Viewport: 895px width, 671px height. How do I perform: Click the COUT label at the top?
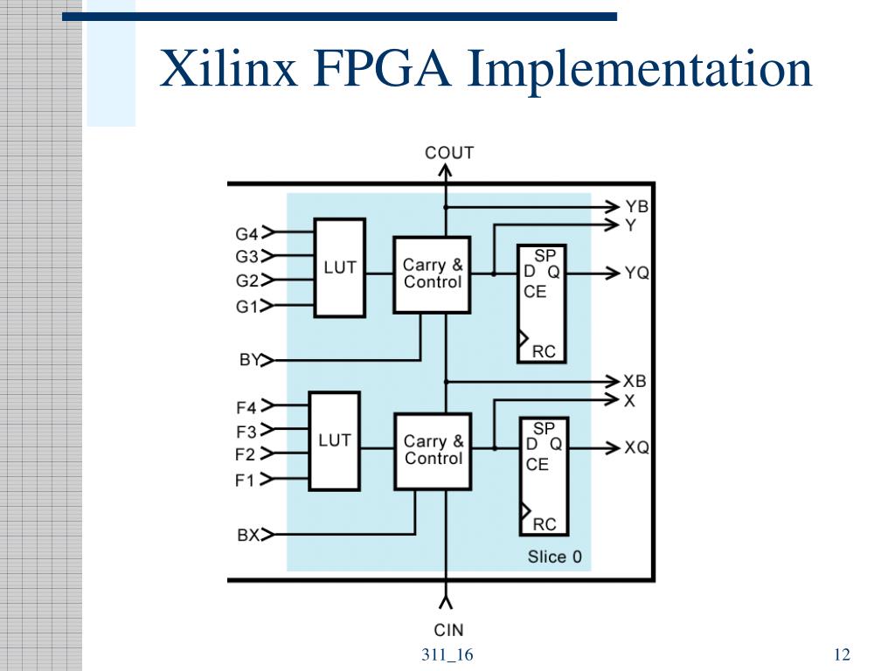click(x=448, y=153)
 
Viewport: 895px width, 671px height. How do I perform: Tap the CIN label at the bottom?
click(x=448, y=629)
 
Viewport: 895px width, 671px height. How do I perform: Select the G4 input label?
click(x=246, y=233)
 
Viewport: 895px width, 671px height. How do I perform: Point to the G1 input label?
click(x=246, y=307)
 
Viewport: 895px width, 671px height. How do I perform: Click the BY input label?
click(x=249, y=359)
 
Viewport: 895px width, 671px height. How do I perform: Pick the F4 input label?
click(x=246, y=407)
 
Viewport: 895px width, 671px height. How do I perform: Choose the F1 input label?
click(x=245, y=480)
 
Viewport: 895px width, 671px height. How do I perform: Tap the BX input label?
click(x=248, y=535)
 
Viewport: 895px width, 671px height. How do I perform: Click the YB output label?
click(x=636, y=207)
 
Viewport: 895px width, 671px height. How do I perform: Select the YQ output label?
click(x=636, y=273)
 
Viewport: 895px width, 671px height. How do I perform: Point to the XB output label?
click(x=635, y=382)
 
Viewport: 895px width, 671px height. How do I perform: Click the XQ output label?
click(x=636, y=448)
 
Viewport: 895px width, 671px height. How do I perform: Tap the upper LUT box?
click(x=340, y=267)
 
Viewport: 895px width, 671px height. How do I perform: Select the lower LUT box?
click(x=335, y=440)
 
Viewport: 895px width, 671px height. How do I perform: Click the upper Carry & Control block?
click(x=433, y=273)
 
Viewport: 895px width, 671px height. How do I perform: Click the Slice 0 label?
click(x=554, y=557)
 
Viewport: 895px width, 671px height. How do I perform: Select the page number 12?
click(x=843, y=655)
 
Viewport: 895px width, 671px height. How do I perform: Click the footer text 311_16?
click(x=447, y=655)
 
